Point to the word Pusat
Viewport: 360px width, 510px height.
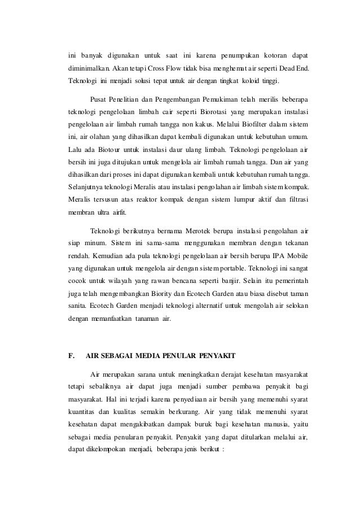point(100,99)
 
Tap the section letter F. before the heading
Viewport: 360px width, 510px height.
point(71,355)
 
